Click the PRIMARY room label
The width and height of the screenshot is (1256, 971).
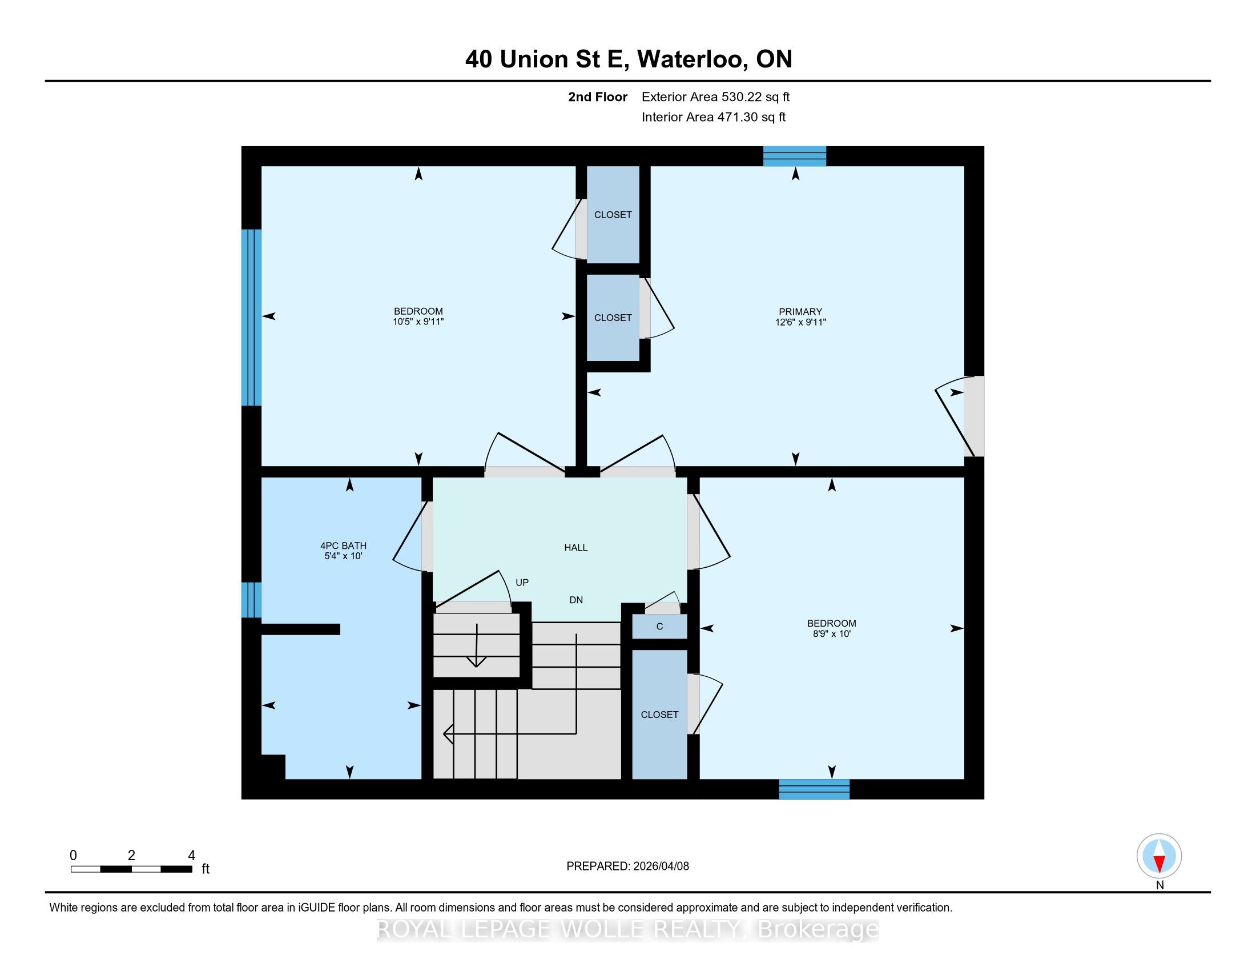pyautogui.click(x=800, y=312)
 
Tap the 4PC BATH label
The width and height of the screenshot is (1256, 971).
pyautogui.click(x=343, y=546)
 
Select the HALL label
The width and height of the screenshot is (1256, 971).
pyautogui.click(x=575, y=548)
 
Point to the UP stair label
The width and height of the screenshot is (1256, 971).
pyautogui.click(x=522, y=583)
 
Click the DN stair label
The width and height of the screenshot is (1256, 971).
pyautogui.click(x=576, y=600)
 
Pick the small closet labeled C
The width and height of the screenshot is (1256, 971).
pyautogui.click(x=659, y=627)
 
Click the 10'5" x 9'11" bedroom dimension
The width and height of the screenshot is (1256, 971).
pyautogui.click(x=418, y=322)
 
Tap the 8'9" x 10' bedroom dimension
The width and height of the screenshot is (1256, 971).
pyautogui.click(x=832, y=634)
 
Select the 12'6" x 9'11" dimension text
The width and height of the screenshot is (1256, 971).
pyautogui.click(x=800, y=323)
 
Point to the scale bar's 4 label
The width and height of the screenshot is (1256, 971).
pyautogui.click(x=191, y=856)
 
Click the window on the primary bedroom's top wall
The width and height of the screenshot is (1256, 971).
pyautogui.click(x=794, y=157)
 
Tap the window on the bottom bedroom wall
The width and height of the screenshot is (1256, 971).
pyautogui.click(x=814, y=789)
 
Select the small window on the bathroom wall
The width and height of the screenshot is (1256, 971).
pyautogui.click(x=251, y=600)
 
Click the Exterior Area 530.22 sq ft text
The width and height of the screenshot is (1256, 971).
pyautogui.click(x=715, y=97)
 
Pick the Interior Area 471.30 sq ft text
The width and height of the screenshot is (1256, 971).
pyautogui.click(x=713, y=117)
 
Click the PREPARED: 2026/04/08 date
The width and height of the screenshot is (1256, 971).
pyautogui.click(x=627, y=866)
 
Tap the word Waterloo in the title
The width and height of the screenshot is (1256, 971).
pyautogui.click(x=692, y=59)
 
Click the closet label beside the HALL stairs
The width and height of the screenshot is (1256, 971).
pyautogui.click(x=659, y=715)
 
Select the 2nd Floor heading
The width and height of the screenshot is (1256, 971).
pyautogui.click(x=598, y=97)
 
